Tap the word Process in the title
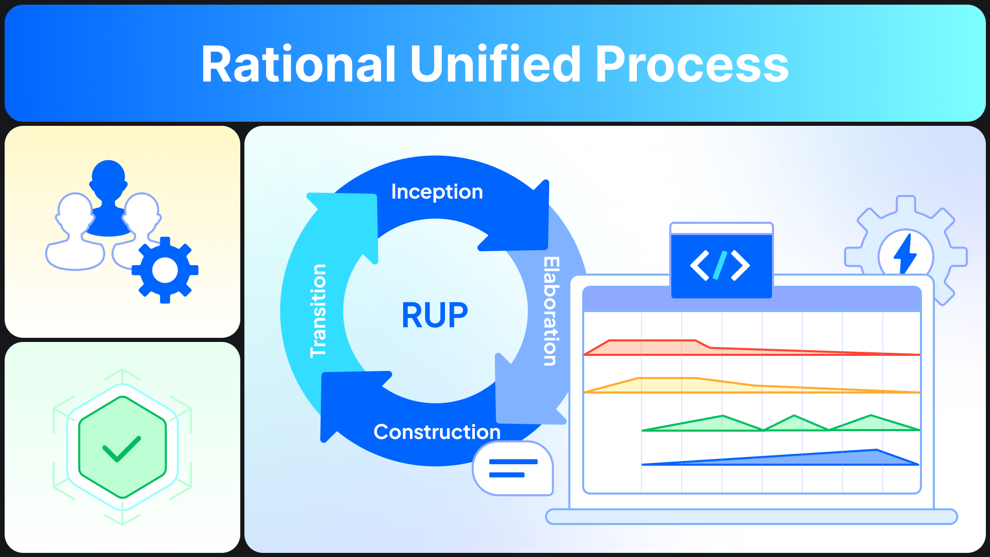tap(691, 65)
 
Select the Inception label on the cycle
tap(437, 192)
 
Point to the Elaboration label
tap(551, 311)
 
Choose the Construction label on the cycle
tap(437, 432)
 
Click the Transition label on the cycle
tap(318, 310)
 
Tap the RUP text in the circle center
tap(435, 315)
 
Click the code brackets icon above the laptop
tap(720, 266)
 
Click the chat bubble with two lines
tap(513, 468)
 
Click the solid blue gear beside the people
tap(165, 270)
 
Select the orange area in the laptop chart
tap(670, 385)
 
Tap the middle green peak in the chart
tap(794, 423)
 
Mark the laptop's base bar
tap(751, 516)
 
